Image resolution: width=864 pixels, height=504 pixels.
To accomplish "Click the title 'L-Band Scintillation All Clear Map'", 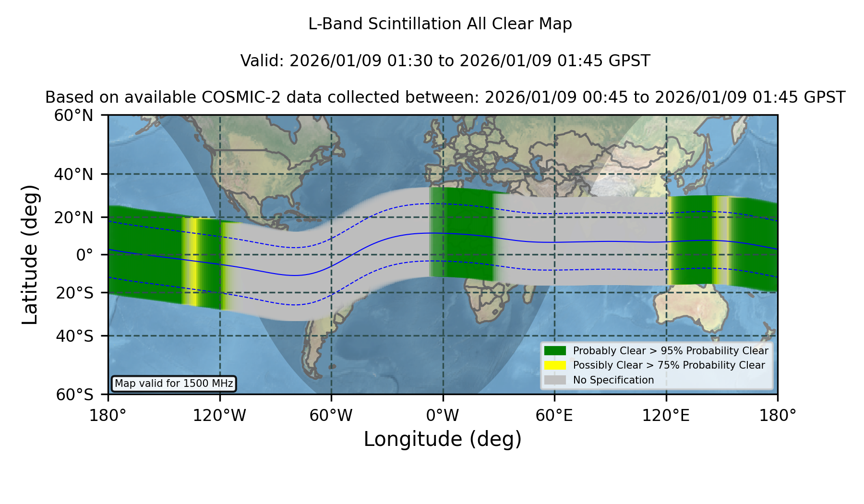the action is (x=440, y=24).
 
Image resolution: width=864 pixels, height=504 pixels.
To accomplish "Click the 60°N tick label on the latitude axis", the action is (x=73, y=115).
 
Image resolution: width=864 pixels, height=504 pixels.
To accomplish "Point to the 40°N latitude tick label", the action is (x=73, y=174).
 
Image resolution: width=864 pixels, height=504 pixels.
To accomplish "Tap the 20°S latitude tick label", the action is (x=74, y=293).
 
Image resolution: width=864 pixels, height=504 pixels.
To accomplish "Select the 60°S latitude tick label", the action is (x=74, y=395).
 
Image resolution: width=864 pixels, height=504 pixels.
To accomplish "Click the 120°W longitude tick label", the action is (x=219, y=415).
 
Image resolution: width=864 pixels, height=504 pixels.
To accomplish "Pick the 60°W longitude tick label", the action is (x=331, y=415).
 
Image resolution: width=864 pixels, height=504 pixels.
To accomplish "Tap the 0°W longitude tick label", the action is (x=443, y=415).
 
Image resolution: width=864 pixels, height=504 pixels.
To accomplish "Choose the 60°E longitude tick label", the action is (x=554, y=415).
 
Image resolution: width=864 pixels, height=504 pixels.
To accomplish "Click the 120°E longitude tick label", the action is (x=666, y=415).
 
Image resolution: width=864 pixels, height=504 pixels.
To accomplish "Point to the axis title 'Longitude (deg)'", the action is (x=443, y=439).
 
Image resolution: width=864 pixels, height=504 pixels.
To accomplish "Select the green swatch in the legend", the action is (x=555, y=351).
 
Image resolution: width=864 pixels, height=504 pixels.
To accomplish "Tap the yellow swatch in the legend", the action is (x=555, y=365).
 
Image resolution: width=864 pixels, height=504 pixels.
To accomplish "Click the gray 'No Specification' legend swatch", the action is (x=555, y=380).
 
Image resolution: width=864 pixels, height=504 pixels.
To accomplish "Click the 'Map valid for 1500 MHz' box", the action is (x=174, y=384).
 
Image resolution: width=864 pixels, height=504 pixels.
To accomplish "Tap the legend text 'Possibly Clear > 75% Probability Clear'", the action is (x=669, y=365).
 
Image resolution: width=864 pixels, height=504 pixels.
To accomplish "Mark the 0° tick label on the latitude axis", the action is (x=85, y=255).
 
